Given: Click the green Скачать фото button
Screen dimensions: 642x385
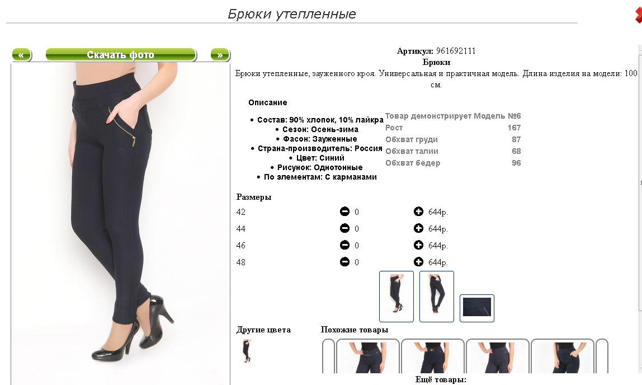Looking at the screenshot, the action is [121, 54].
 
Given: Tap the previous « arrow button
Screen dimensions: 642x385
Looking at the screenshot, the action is [21, 54].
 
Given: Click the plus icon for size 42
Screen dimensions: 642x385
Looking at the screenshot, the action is [418, 212].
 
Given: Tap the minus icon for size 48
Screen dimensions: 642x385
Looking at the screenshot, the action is [344, 262].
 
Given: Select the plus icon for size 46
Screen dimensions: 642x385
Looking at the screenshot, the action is [418, 245].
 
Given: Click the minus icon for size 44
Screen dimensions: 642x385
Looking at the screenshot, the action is [344, 228].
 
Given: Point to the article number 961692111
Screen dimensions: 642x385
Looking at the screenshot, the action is [456, 51].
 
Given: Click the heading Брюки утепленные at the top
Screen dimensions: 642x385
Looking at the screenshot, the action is [291, 14].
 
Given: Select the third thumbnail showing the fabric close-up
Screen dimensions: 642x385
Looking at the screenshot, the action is [477, 308].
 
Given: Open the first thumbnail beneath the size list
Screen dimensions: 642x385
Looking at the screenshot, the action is [396, 296].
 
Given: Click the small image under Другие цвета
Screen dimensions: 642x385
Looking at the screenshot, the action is [247, 351].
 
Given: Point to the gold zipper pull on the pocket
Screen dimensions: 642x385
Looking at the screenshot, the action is [133, 142].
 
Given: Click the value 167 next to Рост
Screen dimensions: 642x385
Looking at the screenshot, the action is [514, 128].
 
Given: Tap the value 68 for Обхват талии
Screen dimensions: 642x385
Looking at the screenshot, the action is [516, 151].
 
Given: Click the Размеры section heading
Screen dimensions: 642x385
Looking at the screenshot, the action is [254, 197].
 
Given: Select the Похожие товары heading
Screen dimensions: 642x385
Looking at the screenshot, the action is [355, 330].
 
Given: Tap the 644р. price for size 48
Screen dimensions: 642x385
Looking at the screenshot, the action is [438, 262].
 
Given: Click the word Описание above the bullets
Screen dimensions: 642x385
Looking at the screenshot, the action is [268, 102].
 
